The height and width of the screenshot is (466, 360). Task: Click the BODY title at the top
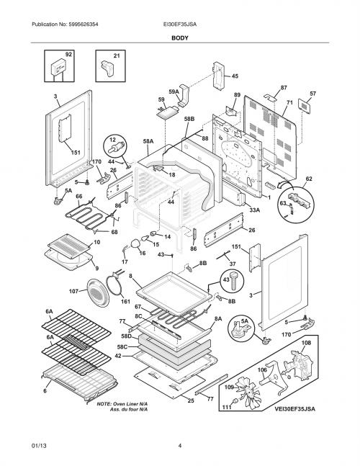click(180, 38)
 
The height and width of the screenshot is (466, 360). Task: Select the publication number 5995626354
click(79, 24)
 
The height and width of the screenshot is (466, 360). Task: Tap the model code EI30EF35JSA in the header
click(180, 24)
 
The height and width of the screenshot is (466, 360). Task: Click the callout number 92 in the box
click(68, 55)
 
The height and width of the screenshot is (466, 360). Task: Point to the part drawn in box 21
click(107, 68)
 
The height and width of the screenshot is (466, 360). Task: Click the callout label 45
click(235, 76)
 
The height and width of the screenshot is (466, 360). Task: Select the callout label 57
click(312, 94)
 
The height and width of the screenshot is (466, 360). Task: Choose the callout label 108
click(306, 343)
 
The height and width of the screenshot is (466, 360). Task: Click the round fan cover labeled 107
click(98, 292)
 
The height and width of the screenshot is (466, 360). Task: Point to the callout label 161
click(125, 302)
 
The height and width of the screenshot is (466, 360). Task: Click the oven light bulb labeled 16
click(136, 243)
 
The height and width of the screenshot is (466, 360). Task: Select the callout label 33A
click(255, 210)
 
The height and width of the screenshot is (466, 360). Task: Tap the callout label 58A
click(148, 142)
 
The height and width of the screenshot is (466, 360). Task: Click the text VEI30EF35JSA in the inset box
click(294, 409)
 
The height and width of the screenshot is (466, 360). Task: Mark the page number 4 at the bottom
click(180, 446)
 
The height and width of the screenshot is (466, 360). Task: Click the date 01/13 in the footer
click(39, 446)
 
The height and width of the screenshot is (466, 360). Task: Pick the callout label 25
click(191, 400)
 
